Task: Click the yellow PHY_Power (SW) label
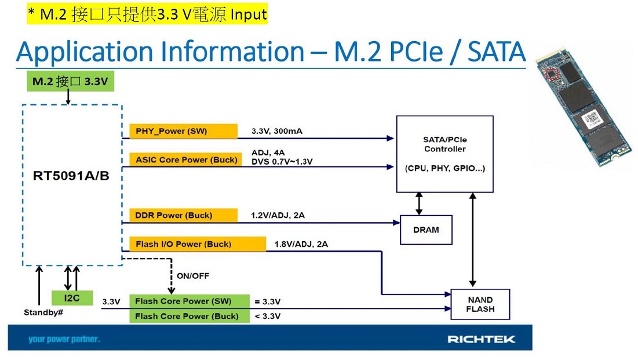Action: click(183, 131)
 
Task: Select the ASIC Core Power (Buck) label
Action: click(183, 159)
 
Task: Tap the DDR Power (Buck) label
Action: click(183, 215)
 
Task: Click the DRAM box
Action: click(426, 230)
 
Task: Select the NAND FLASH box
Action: click(480, 304)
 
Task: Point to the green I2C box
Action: click(72, 299)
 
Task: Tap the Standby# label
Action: click(43, 312)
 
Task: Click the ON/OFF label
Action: click(192, 275)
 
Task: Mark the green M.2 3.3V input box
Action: click(70, 82)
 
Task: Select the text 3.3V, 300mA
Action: click(276, 131)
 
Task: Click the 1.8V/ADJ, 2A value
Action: click(301, 244)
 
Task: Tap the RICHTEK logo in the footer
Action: click(481, 339)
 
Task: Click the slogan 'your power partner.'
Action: click(64, 339)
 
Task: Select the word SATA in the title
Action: click(497, 52)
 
